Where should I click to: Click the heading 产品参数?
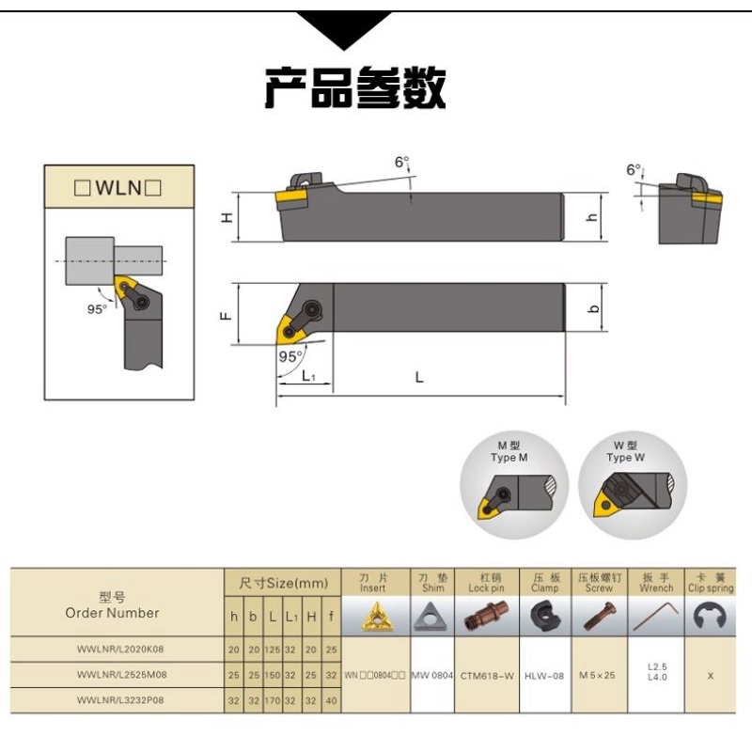point(355,87)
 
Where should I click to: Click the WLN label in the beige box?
point(118,187)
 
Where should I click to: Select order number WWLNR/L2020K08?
point(120,649)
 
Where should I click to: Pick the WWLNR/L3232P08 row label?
point(120,699)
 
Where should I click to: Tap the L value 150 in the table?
point(272,675)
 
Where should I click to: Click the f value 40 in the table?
point(331,700)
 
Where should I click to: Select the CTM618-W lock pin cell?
point(487,676)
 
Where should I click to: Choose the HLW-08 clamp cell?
point(544,676)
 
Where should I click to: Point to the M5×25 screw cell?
point(597,675)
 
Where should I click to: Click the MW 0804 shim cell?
point(432,675)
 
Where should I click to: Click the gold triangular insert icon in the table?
point(377,617)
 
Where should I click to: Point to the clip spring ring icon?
point(711,616)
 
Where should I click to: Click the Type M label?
point(509,458)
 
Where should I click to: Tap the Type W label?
point(625,458)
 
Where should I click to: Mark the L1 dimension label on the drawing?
point(309,376)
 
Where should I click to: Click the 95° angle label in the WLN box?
point(97,309)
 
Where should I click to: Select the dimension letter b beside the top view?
point(594,308)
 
